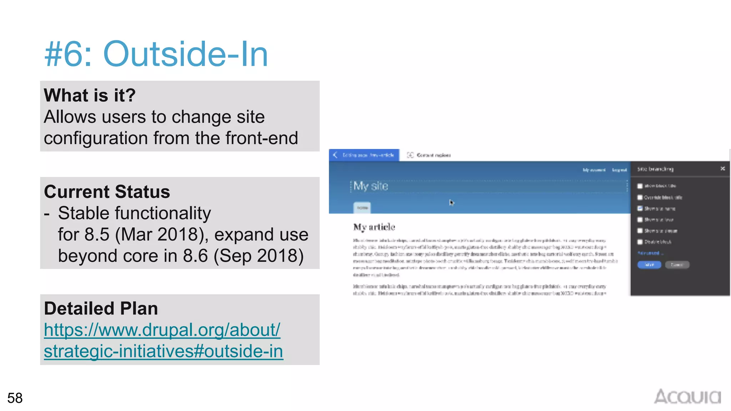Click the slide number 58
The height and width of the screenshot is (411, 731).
coord(15,398)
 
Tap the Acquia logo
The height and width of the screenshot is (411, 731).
coord(687,397)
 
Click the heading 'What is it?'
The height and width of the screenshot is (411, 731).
coord(90,95)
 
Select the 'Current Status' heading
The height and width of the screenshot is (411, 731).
coord(107,192)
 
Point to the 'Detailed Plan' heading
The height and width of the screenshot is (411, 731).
coord(101,309)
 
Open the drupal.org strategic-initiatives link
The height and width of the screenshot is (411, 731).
coord(163,340)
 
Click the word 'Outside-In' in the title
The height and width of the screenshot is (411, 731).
coord(185,54)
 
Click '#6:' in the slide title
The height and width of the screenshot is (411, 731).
coord(68,54)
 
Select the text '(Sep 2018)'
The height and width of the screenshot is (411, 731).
coord(259,256)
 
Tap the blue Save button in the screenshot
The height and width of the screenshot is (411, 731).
coord(649,265)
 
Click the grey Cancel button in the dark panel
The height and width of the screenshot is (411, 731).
coord(677,265)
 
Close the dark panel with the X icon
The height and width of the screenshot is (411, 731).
coord(722,168)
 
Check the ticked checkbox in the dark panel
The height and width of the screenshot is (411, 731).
coord(640,208)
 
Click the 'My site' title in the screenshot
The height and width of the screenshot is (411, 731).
coord(370,186)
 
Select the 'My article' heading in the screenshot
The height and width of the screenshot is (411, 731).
coord(374,227)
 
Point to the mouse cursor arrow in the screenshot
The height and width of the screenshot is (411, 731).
coord(451,203)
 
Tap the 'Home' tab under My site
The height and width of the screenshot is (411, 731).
coord(362,208)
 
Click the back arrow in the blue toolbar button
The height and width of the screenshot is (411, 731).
coord(335,155)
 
